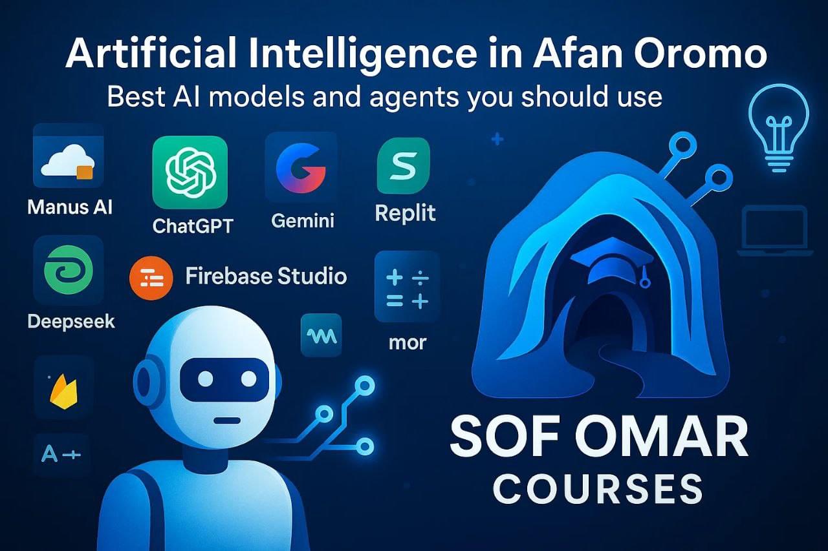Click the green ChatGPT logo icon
coord(190,172)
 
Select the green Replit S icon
coord(404,166)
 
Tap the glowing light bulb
coord(778,129)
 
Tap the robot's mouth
coord(226,420)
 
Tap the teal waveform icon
coord(321,334)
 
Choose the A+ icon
coord(61,454)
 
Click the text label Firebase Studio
coord(266,276)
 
